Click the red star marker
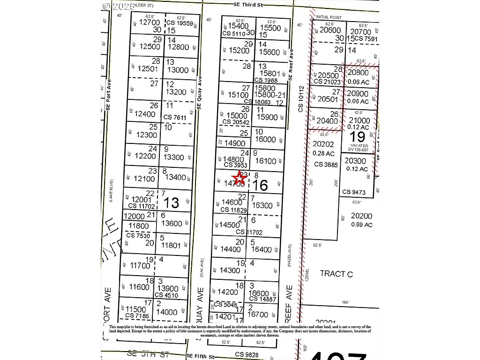(240, 178)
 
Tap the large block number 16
(260, 185)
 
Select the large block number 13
(172, 202)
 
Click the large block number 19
(358, 136)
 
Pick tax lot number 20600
(330, 30)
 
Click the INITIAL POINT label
(329, 17)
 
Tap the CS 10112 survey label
(301, 99)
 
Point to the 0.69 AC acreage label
(361, 225)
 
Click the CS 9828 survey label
(247, 354)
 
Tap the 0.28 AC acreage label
(323, 153)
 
